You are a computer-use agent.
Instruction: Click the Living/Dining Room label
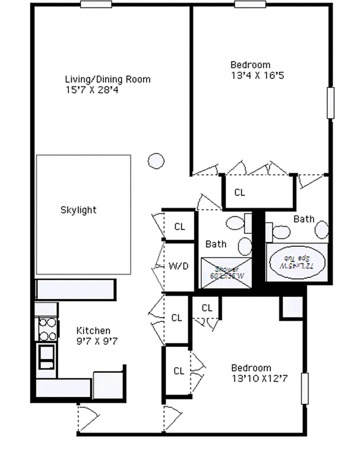point(107,79)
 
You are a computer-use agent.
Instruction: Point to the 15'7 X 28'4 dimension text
point(93,89)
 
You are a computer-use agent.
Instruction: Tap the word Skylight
point(78,210)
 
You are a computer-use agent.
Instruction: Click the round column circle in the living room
point(156,161)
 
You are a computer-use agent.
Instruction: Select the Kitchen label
point(93,331)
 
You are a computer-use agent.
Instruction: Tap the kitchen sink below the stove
point(46,355)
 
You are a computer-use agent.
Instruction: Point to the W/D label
point(179,266)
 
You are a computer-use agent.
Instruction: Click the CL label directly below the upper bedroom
point(240,193)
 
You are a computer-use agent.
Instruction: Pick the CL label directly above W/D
point(180,227)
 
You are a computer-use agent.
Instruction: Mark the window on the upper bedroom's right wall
point(330,103)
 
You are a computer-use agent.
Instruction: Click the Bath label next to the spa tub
point(303,219)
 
